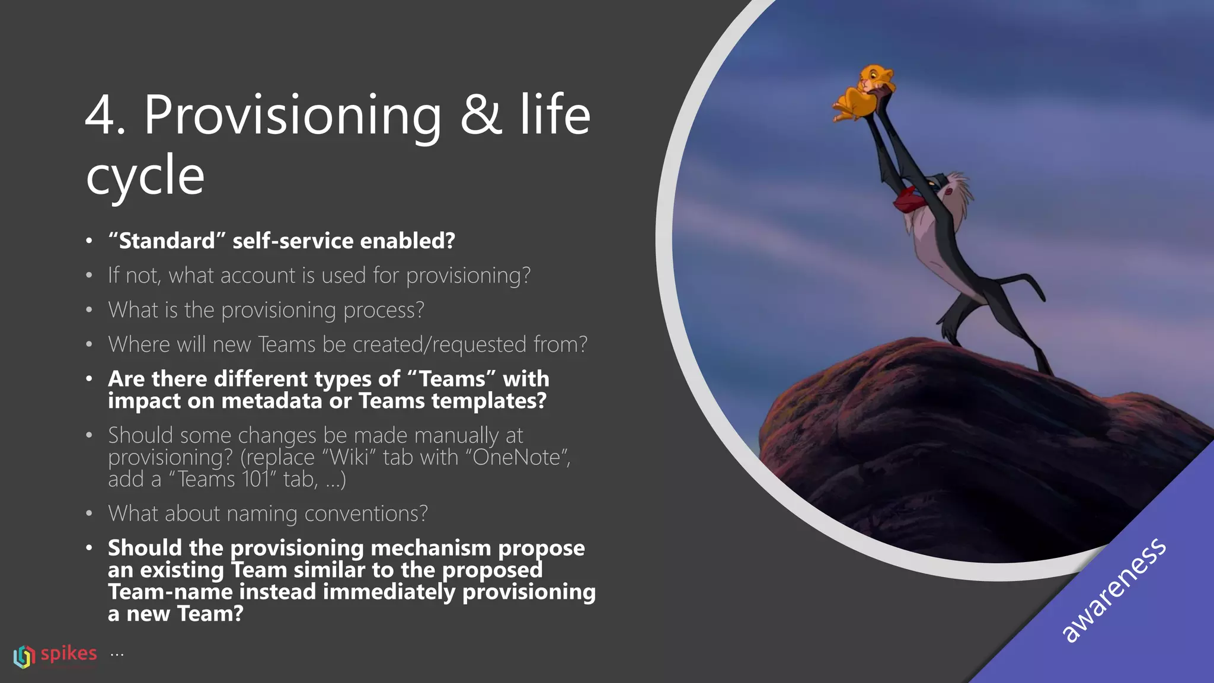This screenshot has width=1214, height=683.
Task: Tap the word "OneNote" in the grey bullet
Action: (x=517, y=458)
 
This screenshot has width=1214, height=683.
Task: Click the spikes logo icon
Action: (x=24, y=656)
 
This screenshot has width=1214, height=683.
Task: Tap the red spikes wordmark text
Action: (x=69, y=653)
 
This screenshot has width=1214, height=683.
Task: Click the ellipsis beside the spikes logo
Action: (x=117, y=655)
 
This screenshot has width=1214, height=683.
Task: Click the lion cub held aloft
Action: (x=864, y=92)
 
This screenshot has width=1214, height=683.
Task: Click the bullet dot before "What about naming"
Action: (x=89, y=513)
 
